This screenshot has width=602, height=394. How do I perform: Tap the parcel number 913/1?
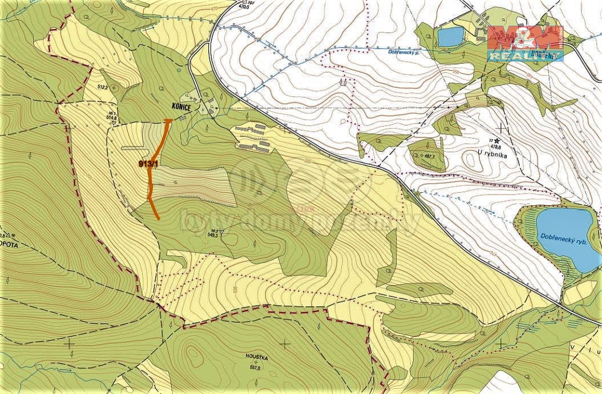pos(148,164)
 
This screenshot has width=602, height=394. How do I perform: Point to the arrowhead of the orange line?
pos(168,120)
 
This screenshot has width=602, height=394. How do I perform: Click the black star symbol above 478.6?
pos(497,140)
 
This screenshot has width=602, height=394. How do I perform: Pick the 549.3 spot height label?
pos(214,234)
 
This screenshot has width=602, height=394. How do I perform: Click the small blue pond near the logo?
pos(451,36)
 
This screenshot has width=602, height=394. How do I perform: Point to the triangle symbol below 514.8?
pos(114,123)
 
